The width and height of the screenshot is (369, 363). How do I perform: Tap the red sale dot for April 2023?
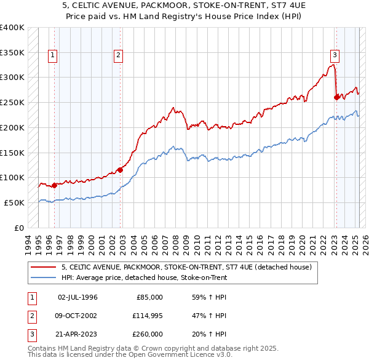pyautogui.click(x=336, y=97)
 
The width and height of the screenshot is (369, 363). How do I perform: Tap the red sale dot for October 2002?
pyautogui.click(x=120, y=170)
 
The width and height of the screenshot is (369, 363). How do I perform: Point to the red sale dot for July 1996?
pyautogui.click(x=55, y=185)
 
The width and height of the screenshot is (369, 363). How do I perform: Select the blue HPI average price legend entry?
pyautogui.click(x=144, y=277)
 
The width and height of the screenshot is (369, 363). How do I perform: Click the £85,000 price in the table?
pyautogui.click(x=149, y=297)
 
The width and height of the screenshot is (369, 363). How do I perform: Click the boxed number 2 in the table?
pyautogui.click(x=30, y=316)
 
